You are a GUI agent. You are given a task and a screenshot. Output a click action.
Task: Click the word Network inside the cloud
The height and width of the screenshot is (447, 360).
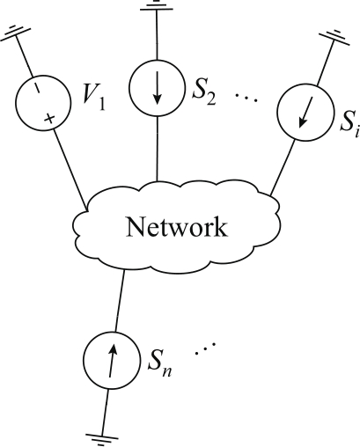click(176, 227)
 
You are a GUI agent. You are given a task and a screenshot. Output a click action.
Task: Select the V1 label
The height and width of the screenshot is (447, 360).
click(94, 99)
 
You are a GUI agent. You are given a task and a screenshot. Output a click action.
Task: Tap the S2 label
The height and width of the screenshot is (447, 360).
click(204, 94)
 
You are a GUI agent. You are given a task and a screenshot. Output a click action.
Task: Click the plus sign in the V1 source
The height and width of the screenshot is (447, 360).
click(49, 119)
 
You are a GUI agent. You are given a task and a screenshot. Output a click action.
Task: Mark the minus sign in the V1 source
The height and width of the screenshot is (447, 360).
click(37, 87)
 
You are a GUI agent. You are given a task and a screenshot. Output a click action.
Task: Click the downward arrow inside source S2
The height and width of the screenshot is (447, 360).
click(158, 87)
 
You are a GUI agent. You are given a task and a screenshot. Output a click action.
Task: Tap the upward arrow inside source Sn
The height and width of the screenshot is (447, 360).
click(112, 361)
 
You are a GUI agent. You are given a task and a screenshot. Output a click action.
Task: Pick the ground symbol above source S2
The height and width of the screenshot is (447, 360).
click(157, 5)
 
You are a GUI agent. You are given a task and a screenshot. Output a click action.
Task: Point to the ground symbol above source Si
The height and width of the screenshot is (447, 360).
click(334, 38)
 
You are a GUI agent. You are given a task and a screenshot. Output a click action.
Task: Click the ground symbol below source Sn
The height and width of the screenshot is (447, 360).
click(102, 440)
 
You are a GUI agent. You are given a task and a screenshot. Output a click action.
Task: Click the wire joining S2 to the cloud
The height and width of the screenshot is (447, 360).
click(158, 149)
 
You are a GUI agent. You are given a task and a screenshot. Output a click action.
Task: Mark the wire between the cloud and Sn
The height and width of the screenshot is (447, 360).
click(120, 302)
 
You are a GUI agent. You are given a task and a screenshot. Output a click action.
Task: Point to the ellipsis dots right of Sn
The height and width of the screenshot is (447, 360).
click(205, 348)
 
